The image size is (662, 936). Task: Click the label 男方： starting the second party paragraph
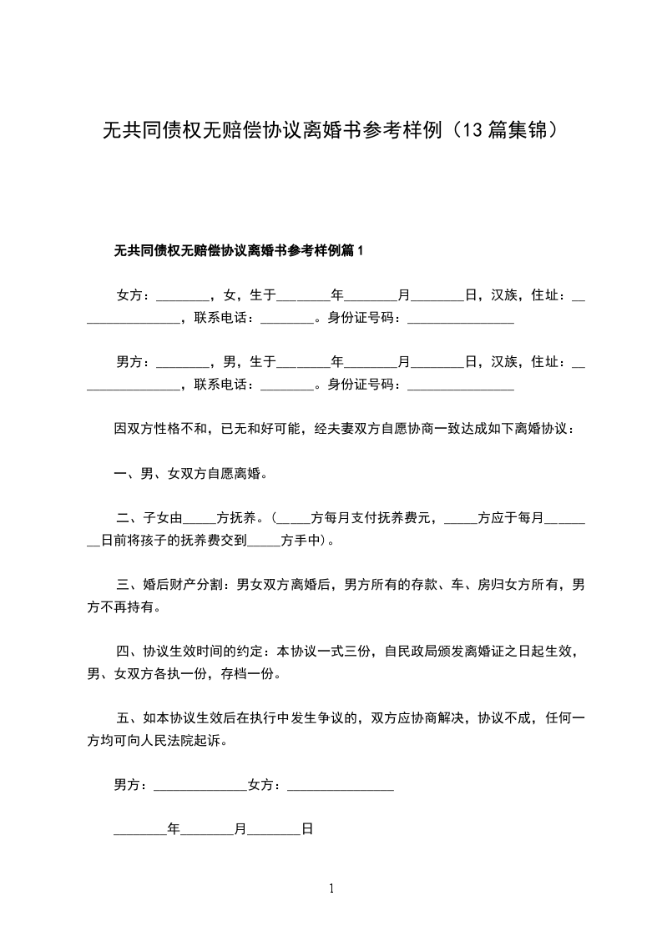point(134,361)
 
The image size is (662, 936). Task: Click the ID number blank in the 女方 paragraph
point(460,319)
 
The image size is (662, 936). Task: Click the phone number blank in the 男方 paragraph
point(287,385)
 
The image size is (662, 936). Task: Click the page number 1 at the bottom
point(331,888)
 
